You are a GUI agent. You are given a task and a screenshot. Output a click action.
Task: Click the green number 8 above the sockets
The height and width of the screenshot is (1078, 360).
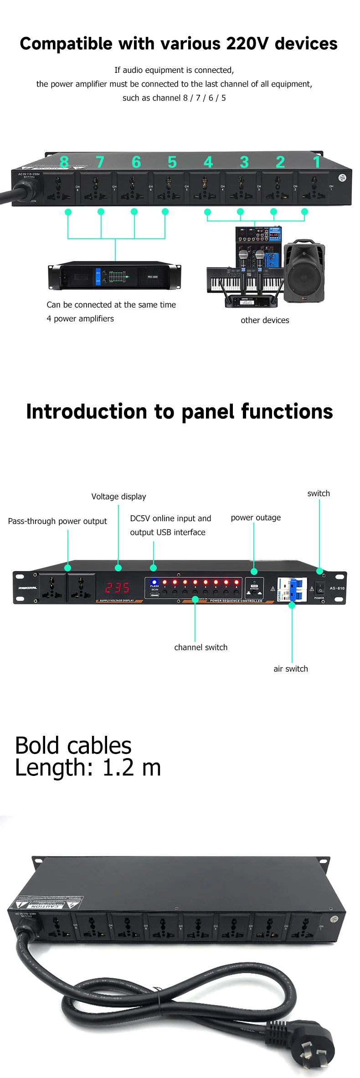point(64,162)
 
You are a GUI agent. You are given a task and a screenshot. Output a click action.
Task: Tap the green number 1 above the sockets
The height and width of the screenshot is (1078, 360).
point(317,162)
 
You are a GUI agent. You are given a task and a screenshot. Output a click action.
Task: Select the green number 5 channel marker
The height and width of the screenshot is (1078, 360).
point(172,162)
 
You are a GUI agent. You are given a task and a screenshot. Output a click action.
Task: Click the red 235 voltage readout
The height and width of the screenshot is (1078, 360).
point(117,588)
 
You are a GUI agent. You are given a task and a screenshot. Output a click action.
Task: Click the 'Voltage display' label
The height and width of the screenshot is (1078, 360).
point(118,497)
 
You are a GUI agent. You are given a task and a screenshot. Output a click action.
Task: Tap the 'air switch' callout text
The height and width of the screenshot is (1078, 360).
point(291,669)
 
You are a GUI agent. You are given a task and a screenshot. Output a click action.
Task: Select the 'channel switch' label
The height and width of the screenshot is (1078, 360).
point(201,647)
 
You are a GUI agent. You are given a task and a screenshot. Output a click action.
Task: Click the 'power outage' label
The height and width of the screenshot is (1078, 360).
point(256,518)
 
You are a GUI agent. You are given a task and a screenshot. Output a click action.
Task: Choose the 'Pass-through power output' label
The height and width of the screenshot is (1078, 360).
point(57,521)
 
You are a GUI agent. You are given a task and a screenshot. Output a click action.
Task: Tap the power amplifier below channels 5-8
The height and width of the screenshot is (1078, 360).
point(114,276)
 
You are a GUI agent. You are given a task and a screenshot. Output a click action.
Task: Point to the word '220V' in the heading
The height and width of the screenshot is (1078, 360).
point(248,44)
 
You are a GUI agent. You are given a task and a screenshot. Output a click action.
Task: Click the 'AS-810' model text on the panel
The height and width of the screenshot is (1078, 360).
point(337,588)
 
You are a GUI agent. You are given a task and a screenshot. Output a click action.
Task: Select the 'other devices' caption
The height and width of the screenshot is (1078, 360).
point(265,320)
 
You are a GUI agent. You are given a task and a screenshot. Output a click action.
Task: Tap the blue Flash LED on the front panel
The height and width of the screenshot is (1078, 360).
point(154,582)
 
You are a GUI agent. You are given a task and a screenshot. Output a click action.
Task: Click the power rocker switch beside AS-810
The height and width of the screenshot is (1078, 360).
point(320,588)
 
